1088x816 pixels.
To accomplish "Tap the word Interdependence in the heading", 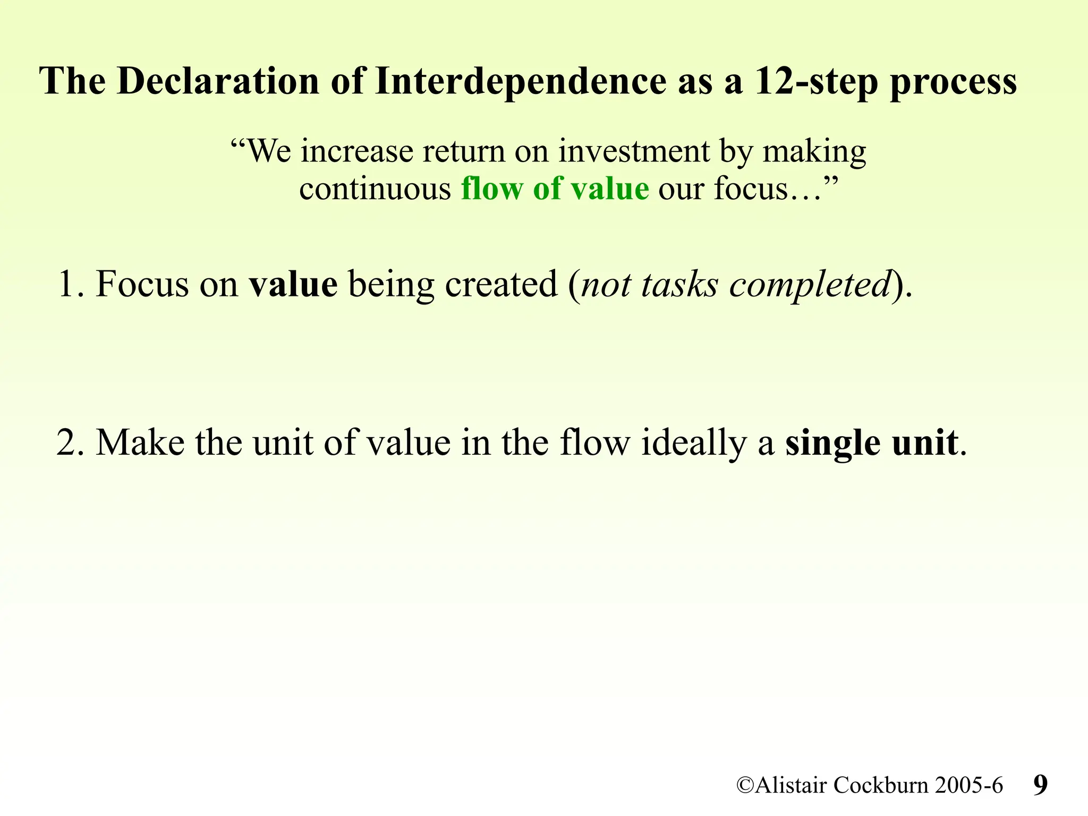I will click(x=520, y=81).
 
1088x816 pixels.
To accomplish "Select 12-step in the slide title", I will click(x=816, y=81).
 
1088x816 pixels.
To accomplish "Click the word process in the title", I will click(x=953, y=82).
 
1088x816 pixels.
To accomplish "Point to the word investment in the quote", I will click(x=634, y=151).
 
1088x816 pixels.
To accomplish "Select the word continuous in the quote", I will click(x=375, y=189).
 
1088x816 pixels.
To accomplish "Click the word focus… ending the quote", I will click(x=767, y=189).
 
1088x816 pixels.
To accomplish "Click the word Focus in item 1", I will click(x=141, y=284).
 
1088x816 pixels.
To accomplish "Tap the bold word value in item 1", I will click(x=293, y=284).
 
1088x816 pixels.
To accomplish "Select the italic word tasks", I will click(x=679, y=284).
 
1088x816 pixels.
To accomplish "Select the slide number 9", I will click(x=1040, y=785).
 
